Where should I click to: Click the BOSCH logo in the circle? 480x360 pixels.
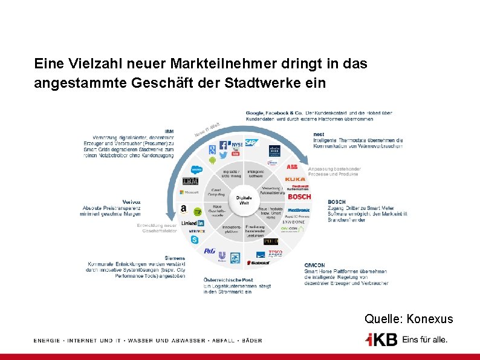point(299,197)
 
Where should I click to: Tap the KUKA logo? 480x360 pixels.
point(295,180)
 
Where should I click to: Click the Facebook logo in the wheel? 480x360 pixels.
point(223,145)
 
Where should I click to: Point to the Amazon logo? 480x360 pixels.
point(183,209)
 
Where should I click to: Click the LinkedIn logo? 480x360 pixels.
point(189,223)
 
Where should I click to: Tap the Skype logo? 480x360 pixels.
point(195,240)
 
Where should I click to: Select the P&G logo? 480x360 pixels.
point(209,250)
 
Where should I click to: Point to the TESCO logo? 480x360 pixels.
point(276,252)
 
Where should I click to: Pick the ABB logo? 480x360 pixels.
point(292,166)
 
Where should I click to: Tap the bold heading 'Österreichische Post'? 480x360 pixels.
point(229,280)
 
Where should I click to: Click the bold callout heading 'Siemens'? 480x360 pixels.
point(175,258)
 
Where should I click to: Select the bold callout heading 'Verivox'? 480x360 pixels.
point(131,201)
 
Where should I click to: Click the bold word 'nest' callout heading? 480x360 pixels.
point(319,134)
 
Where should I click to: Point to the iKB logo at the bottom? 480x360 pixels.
point(381,339)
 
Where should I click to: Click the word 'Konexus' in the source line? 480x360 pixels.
point(430,319)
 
